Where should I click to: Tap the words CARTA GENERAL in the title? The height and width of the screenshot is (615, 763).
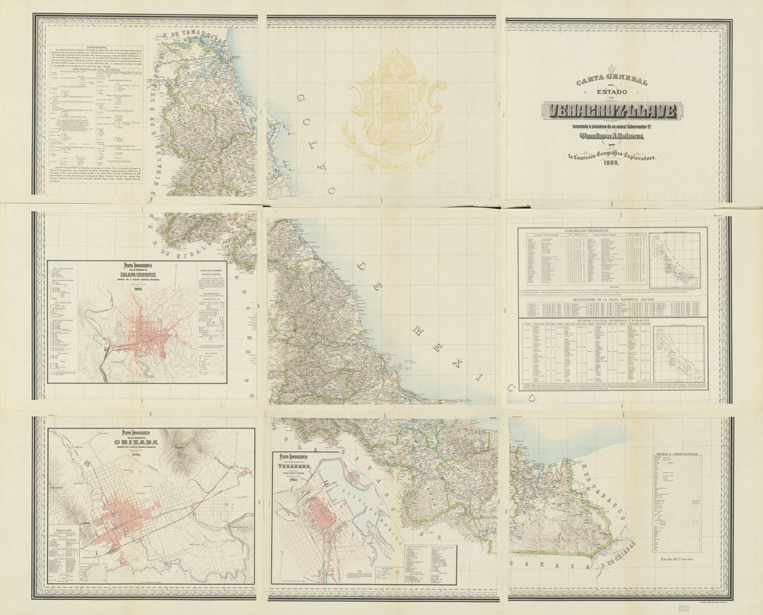click(x=612, y=82)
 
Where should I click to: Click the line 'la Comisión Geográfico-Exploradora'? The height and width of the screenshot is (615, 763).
click(x=612, y=157)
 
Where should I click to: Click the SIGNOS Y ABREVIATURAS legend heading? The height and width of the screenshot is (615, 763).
click(x=676, y=458)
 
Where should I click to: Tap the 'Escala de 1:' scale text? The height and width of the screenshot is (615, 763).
click(x=675, y=557)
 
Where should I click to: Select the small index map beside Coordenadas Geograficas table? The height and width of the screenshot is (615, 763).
click(x=674, y=260)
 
